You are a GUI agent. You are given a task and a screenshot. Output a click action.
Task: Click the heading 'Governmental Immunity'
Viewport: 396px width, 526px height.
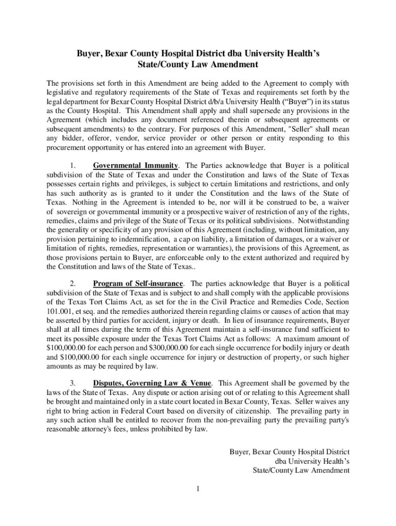(x=135, y=165)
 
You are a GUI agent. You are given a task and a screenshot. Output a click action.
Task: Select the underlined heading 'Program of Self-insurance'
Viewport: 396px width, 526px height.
(x=138, y=284)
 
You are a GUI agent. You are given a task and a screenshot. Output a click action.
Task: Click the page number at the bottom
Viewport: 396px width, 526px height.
(x=197, y=488)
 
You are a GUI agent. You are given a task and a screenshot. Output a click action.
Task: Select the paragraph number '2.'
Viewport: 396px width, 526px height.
(x=73, y=284)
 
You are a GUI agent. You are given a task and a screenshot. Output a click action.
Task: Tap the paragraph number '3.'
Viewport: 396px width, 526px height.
(x=73, y=383)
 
